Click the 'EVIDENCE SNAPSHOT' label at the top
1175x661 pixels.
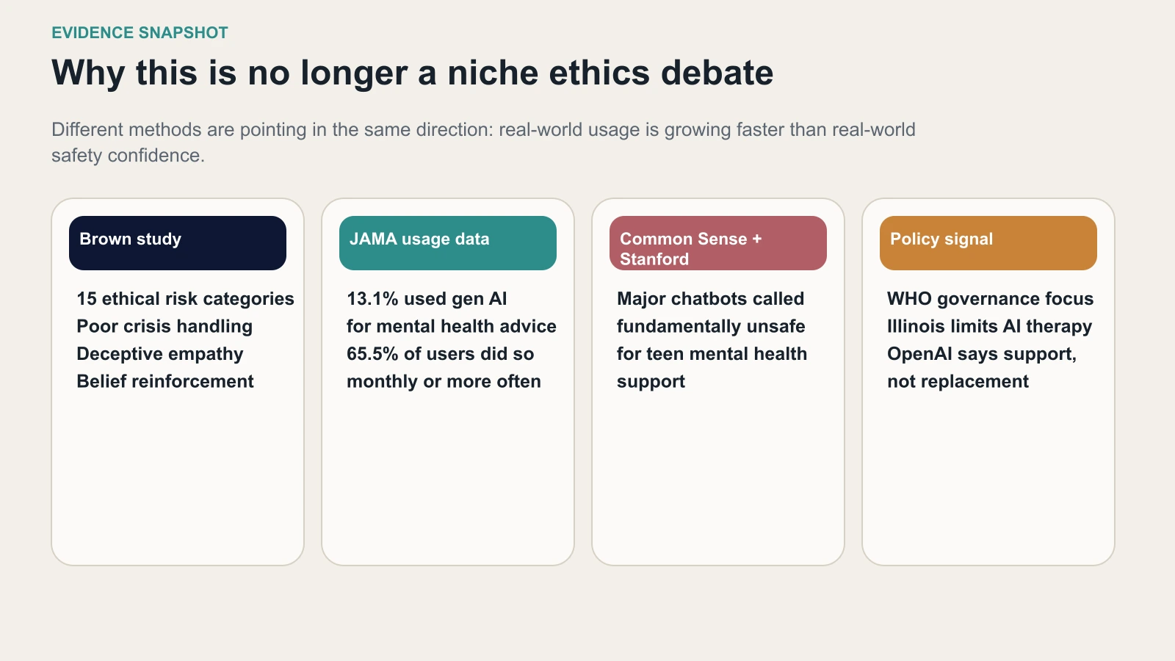(x=140, y=33)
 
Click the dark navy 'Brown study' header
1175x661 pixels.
(x=177, y=242)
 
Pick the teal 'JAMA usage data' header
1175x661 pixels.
(x=447, y=242)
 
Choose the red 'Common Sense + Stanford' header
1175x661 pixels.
(x=717, y=242)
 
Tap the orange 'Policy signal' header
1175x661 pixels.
(x=988, y=242)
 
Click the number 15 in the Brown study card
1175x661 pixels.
(x=87, y=299)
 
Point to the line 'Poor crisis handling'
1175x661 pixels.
(x=164, y=326)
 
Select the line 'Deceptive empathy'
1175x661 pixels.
(x=160, y=354)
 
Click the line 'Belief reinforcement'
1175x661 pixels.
(x=165, y=381)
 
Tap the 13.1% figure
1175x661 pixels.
(x=372, y=299)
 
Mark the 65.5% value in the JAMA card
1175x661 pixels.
(x=372, y=354)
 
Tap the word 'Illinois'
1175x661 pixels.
(x=916, y=326)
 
